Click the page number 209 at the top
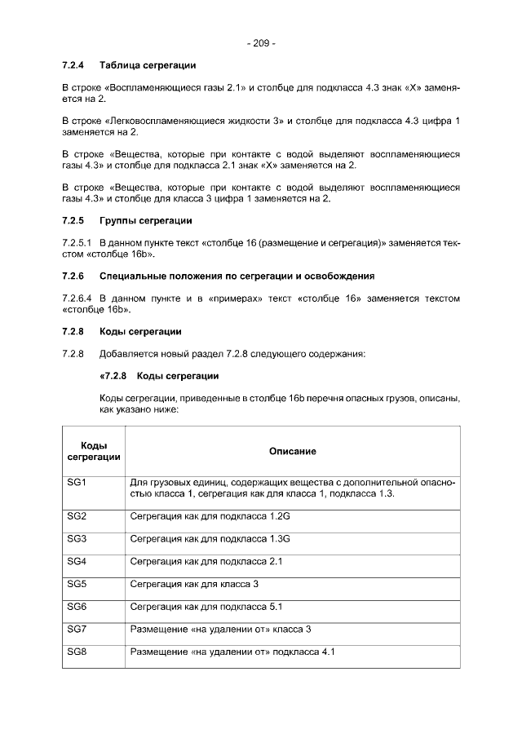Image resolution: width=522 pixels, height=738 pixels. (x=261, y=43)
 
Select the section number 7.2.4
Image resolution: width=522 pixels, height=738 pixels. (x=74, y=64)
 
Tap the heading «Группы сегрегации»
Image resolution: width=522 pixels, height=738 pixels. (x=145, y=220)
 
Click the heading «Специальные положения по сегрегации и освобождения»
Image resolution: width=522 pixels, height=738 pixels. (x=237, y=276)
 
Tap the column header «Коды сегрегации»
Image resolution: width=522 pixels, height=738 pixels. (x=94, y=451)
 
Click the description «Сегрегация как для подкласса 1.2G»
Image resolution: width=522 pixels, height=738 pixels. (x=210, y=517)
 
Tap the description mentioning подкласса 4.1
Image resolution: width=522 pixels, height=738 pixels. (x=232, y=652)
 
